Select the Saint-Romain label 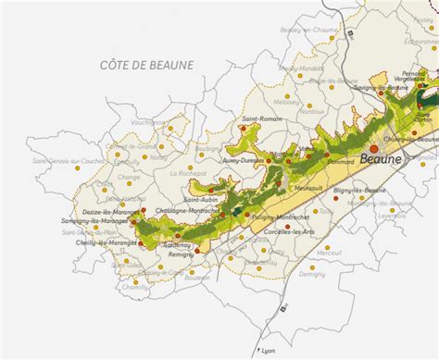click(262, 119)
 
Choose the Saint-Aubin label click(202, 199)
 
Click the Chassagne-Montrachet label click(189, 211)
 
